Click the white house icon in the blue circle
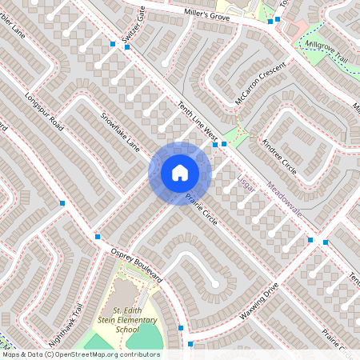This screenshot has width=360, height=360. point(179,173)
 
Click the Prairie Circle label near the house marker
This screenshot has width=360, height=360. point(201,207)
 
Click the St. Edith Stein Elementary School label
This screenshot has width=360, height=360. point(127,319)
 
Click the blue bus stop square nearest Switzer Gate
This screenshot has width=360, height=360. point(126,47)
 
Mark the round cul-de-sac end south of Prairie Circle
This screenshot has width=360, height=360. point(215,284)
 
